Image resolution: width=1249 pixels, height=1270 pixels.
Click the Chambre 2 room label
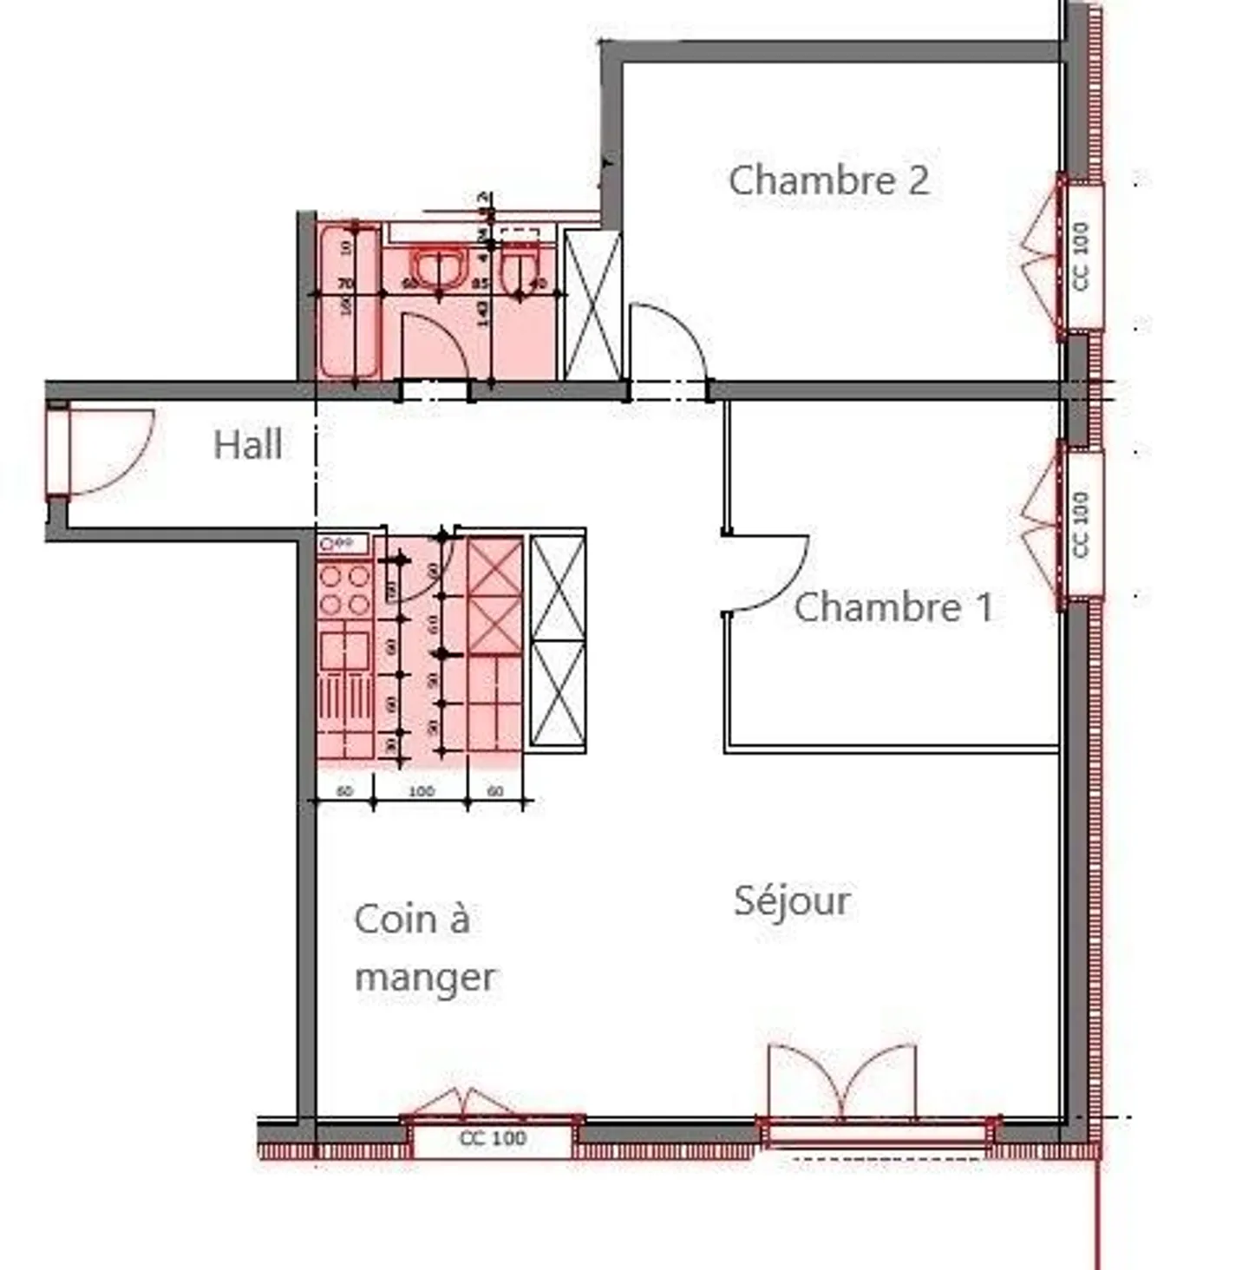click(828, 180)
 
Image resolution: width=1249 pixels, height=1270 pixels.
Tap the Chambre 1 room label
click(893, 606)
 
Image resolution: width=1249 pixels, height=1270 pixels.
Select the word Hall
click(247, 445)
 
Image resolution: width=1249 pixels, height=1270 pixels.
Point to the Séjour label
click(791, 900)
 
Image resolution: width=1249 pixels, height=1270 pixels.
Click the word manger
click(425, 978)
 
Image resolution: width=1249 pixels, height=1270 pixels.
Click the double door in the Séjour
click(841, 1080)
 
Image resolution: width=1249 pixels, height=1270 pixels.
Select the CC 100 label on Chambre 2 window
click(1081, 257)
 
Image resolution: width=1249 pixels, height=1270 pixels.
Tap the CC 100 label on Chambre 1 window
click(1081, 525)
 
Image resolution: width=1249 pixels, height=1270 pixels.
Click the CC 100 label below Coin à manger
click(493, 1138)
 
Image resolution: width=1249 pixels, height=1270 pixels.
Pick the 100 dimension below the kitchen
click(421, 791)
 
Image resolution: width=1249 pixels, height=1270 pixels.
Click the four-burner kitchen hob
click(344, 589)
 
